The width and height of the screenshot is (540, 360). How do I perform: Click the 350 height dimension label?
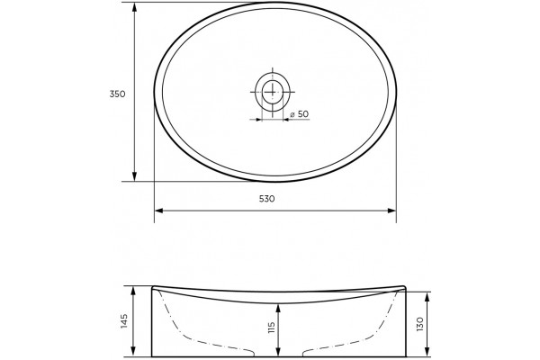[x=117, y=94]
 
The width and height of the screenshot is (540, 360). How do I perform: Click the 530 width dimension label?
[x=267, y=199]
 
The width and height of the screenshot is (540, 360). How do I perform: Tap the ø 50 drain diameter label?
[x=300, y=114]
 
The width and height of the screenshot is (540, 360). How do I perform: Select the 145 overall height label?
[x=124, y=321]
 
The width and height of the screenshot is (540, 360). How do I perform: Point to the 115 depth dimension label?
[x=272, y=328]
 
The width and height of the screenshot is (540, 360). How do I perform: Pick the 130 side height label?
[x=419, y=324]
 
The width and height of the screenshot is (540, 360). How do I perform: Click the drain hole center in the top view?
[x=273, y=92]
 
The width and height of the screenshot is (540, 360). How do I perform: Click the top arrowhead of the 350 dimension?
[x=135, y=7]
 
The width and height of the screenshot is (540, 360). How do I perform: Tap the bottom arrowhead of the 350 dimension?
[x=135, y=176]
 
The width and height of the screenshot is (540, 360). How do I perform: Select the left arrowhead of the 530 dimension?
[x=159, y=211]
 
